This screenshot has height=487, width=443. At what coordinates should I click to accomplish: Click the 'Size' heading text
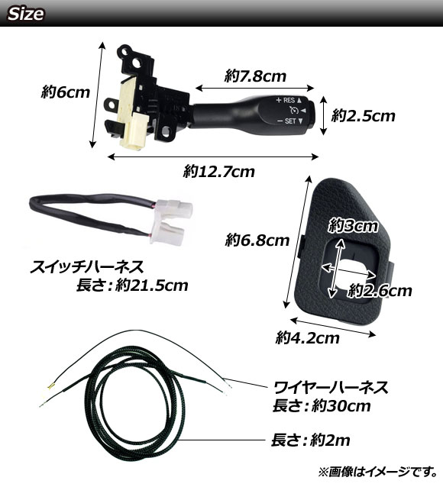25,14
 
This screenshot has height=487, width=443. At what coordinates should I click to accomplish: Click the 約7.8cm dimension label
255,76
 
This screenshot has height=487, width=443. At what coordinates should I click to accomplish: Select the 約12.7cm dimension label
219,172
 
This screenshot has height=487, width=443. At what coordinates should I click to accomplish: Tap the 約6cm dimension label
66,92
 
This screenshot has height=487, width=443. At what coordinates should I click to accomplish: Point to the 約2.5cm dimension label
363,116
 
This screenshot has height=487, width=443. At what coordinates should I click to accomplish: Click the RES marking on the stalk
289,100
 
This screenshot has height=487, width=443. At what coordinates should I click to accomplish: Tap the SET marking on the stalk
290,121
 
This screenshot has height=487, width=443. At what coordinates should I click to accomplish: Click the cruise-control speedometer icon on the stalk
294,110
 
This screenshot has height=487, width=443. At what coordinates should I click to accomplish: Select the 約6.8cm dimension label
257,240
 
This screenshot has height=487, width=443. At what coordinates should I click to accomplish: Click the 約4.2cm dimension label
308,337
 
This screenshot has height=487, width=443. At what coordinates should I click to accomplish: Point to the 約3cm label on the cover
353,226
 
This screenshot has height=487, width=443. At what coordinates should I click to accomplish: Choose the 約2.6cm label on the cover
380,291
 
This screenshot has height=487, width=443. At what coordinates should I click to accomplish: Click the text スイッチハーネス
87,267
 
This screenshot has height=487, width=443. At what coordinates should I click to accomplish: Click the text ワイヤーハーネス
331,387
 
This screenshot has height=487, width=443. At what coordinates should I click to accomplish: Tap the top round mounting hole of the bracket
125,51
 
